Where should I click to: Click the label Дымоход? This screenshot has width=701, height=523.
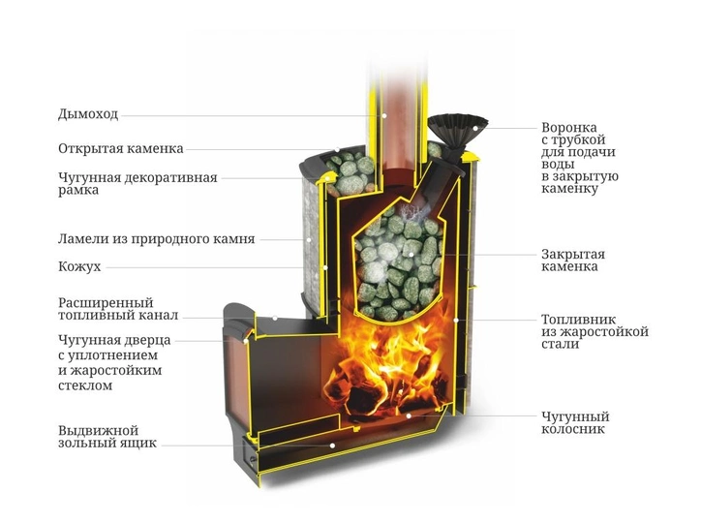click(88, 114)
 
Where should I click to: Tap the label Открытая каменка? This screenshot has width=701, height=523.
click(120, 149)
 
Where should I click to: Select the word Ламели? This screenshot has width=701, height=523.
click(84, 238)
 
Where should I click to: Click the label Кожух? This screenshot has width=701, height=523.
click(79, 266)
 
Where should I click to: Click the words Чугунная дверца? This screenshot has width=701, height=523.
click(114, 340)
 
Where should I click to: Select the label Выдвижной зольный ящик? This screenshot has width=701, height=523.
click(107, 437)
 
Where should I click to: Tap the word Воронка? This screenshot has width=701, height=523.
click(569, 127)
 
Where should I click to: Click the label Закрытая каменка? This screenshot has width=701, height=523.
click(573, 261)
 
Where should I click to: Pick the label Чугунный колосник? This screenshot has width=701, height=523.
click(575, 423)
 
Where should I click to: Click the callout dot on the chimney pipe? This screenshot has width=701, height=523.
click(383, 115)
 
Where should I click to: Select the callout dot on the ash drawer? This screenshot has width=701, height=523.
click(333, 446)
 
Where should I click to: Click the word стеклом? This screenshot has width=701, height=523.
click(85, 385)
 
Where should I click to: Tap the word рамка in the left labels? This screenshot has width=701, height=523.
click(77, 191)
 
